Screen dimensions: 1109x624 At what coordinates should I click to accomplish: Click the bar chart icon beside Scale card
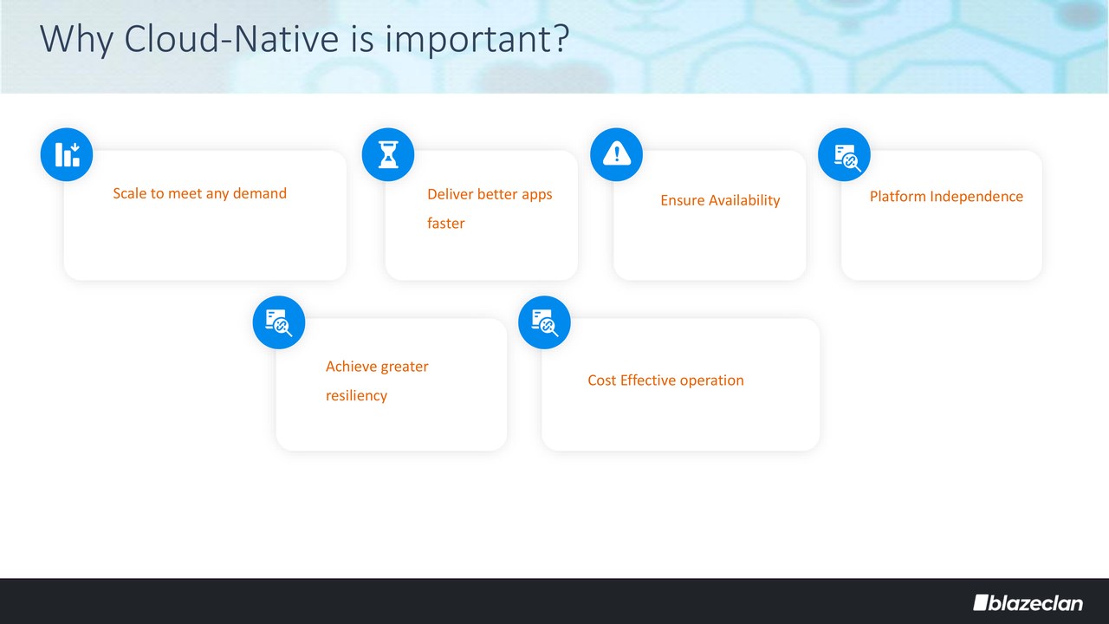click(67, 154)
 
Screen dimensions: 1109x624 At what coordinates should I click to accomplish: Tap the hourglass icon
click(388, 154)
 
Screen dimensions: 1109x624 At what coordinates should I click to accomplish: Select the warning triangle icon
click(616, 154)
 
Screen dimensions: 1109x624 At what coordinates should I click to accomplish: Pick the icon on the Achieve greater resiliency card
click(279, 322)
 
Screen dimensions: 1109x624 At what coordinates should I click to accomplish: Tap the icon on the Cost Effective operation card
click(545, 322)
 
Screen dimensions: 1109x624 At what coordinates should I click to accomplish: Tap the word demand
click(260, 193)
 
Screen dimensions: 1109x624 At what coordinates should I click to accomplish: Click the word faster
click(446, 224)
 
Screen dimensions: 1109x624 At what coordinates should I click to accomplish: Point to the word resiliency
click(356, 396)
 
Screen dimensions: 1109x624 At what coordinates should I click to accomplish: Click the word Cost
click(602, 380)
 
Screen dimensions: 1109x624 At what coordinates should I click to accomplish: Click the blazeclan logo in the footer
click(1028, 602)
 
